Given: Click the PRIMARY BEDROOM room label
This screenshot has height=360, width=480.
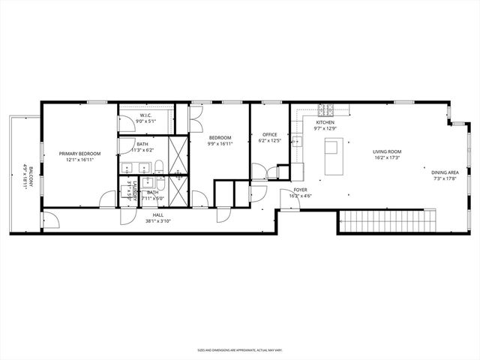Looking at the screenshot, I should pos(79,154).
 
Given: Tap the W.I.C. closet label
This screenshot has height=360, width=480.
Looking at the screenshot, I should pos(146,115).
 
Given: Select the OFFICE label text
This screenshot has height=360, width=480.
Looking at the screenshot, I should pos(270,135).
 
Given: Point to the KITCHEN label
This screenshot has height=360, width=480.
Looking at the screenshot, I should pos(325,122).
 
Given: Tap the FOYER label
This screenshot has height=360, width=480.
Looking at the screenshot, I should pos(300,190).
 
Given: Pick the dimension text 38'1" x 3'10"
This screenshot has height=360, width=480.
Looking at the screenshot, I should pos(158,220).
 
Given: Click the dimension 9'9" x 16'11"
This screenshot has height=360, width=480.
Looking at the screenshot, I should pos(220,143).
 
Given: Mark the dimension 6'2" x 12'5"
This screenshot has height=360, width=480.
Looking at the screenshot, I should pos(270,141).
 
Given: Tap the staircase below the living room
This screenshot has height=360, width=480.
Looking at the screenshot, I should pos(387,223).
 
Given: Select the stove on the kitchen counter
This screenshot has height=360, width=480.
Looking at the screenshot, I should pos(325,109).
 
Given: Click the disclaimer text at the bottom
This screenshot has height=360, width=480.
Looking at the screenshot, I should pos(240,349).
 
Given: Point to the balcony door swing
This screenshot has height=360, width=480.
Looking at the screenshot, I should pos(51,220).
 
